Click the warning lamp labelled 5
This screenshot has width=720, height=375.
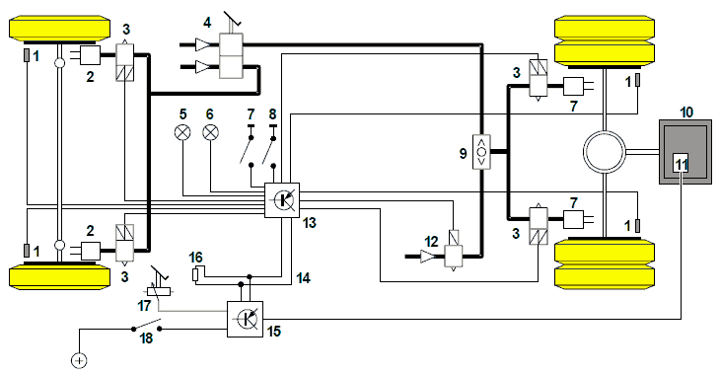[182, 133]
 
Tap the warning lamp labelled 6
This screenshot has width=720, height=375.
[210, 133]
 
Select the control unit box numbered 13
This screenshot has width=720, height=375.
[282, 200]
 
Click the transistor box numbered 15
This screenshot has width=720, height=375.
[246, 319]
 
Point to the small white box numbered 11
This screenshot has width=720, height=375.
[681, 163]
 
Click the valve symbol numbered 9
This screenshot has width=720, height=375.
[481, 152]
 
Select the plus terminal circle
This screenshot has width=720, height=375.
[80, 360]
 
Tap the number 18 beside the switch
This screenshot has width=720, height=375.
[146, 338]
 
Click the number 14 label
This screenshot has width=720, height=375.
[303, 278]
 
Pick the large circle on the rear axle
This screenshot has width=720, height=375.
[605, 152]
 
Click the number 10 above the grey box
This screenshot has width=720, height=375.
[686, 112]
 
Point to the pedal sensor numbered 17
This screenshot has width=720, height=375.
[159, 285]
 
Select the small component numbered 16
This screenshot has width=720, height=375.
[195, 274]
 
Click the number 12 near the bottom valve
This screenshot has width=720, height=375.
[431, 241]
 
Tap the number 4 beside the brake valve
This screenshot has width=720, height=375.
[207, 23]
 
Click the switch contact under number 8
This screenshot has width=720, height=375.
[267, 150]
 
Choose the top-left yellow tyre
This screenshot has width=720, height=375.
[60, 30]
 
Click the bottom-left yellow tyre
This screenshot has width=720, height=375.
[60, 275]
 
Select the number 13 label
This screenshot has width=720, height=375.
[310, 223]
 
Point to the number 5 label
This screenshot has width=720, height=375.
[183, 113]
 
